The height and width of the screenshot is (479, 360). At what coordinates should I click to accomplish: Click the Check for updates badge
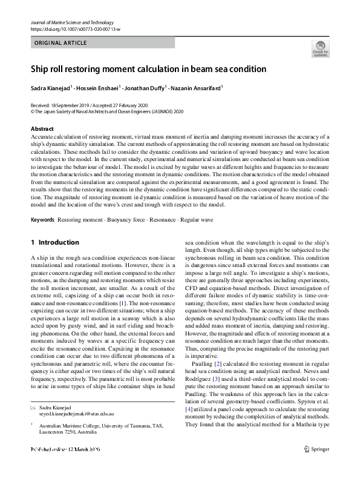click(319, 48)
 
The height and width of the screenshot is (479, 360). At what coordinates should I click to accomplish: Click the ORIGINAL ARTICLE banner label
click(61, 43)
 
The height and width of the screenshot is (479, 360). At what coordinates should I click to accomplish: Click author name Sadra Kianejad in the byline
click(50, 88)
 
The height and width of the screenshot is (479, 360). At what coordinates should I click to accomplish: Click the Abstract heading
click(42, 128)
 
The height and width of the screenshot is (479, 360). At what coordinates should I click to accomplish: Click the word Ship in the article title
click(41, 69)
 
